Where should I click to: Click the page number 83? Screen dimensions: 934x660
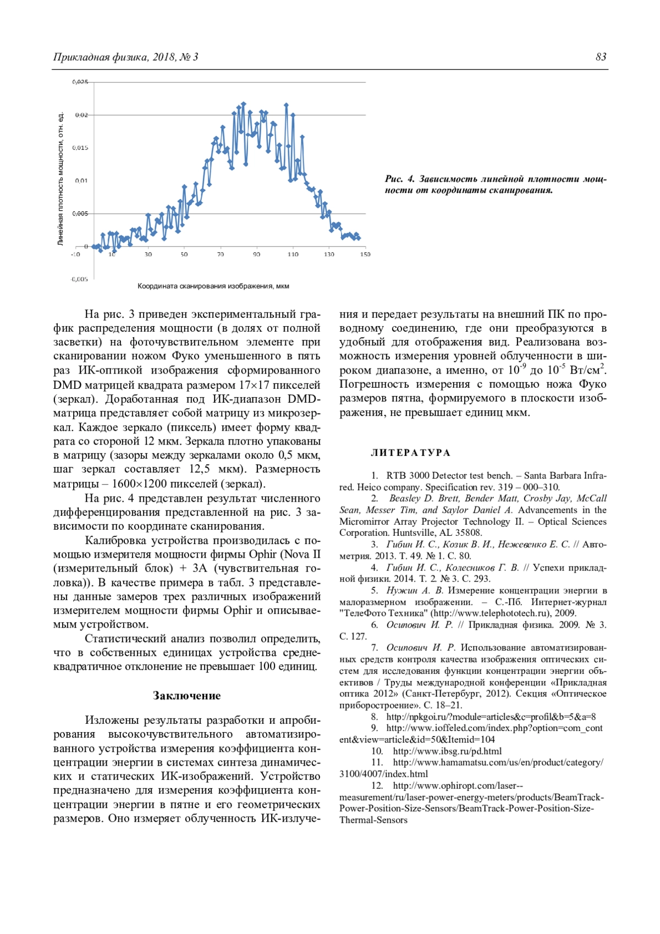point(601,57)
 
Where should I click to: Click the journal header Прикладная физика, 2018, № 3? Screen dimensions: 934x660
point(125,57)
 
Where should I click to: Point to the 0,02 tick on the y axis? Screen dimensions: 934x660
point(81,115)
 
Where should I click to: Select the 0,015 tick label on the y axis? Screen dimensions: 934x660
point(80,148)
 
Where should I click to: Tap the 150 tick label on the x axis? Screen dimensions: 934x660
point(365,254)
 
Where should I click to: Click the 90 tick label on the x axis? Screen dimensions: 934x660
point(256,254)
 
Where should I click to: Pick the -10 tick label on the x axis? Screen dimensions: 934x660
point(75,254)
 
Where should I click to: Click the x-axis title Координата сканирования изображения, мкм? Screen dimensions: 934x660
point(213,286)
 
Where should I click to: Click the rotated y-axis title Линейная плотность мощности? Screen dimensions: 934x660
point(61,179)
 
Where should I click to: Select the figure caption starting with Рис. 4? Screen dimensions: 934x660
point(495,185)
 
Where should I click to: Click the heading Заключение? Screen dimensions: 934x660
point(186,696)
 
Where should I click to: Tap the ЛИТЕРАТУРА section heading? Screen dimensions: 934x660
point(410,453)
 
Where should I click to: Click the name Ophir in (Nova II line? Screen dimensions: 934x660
point(262,554)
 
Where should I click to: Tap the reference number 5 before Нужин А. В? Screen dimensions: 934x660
point(375,591)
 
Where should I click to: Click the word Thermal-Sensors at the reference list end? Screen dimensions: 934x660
point(373,820)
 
